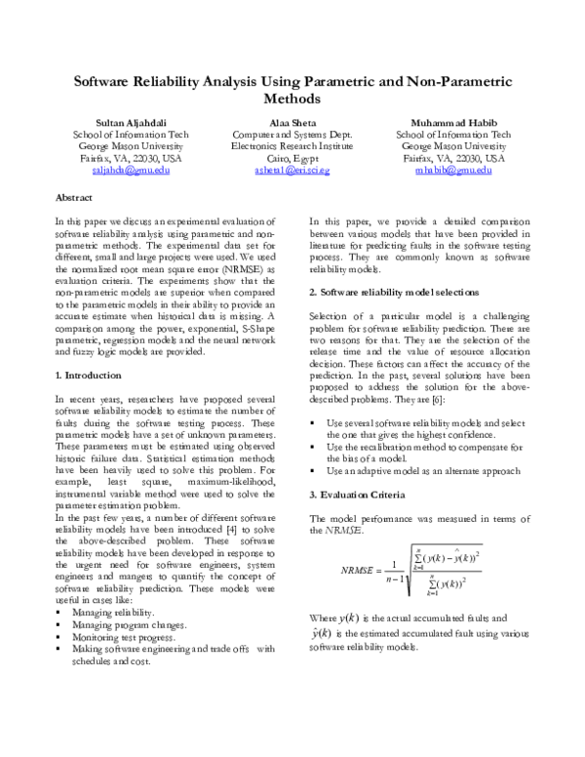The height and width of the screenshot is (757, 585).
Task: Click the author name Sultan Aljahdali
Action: pyautogui.click(x=117, y=122)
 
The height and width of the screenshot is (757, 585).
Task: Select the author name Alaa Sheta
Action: pyautogui.click(x=292, y=122)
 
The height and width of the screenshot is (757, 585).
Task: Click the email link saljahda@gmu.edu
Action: pyautogui.click(x=117, y=170)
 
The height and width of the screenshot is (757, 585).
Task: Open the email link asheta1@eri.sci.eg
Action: pyautogui.click(x=291, y=170)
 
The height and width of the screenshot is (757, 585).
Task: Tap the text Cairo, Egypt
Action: pyautogui.click(x=291, y=158)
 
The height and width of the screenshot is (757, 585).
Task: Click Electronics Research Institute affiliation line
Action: pyautogui.click(x=291, y=145)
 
